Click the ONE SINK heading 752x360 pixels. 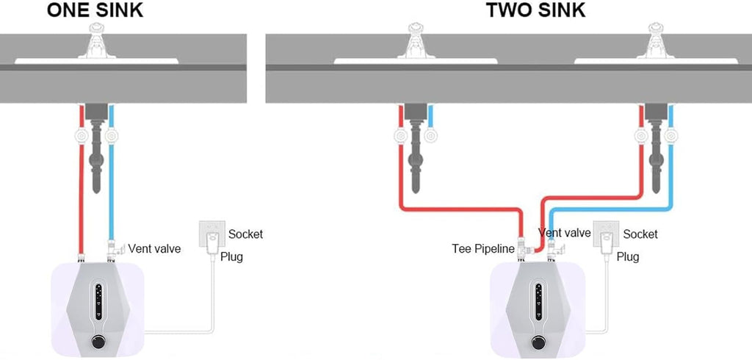[x=95, y=10]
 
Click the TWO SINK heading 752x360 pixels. [x=535, y=10]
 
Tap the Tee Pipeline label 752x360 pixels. [x=483, y=248]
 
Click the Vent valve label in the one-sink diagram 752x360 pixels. [x=154, y=248]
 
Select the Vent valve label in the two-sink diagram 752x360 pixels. [x=565, y=233]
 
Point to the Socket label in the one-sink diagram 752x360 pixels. [x=245, y=234]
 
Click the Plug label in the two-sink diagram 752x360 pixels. [x=628, y=257]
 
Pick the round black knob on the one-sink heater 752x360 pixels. [x=98, y=342]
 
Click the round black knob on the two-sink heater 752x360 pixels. [x=538, y=342]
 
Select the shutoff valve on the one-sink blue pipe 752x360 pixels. [x=112, y=137]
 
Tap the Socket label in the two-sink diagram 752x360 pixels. [x=640, y=234]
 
